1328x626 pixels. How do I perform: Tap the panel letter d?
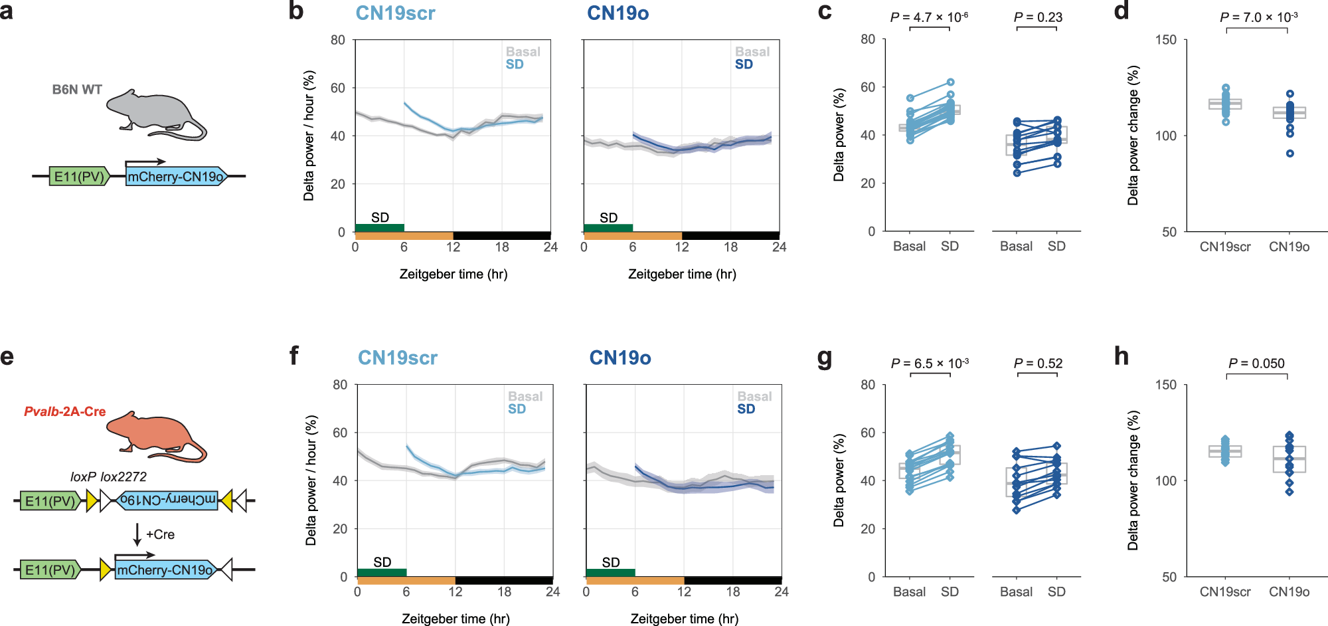[1121, 11]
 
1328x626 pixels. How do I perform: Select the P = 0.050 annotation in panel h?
[1256, 364]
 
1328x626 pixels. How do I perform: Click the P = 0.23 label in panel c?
[1038, 18]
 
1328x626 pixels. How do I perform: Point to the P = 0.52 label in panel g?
[1038, 364]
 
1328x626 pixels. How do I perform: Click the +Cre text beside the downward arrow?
[160, 534]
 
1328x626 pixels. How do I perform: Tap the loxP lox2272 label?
[108, 476]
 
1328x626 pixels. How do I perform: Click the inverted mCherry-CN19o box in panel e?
[167, 500]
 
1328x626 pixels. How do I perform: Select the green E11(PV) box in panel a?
[78, 177]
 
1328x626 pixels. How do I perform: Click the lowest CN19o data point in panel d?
[1289, 154]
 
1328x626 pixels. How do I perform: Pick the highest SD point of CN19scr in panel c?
[950, 82]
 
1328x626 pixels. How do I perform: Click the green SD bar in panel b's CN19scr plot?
[379, 228]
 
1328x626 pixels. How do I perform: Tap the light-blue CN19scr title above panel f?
[397, 358]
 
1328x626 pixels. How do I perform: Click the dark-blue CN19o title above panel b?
[618, 13]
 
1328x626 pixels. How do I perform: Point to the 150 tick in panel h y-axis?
[1165, 385]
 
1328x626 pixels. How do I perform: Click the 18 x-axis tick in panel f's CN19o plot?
[732, 591]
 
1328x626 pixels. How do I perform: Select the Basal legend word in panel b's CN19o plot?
[752, 52]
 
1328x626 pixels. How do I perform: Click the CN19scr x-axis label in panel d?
[1224, 247]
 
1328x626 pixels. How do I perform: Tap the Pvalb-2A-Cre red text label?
[65, 411]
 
